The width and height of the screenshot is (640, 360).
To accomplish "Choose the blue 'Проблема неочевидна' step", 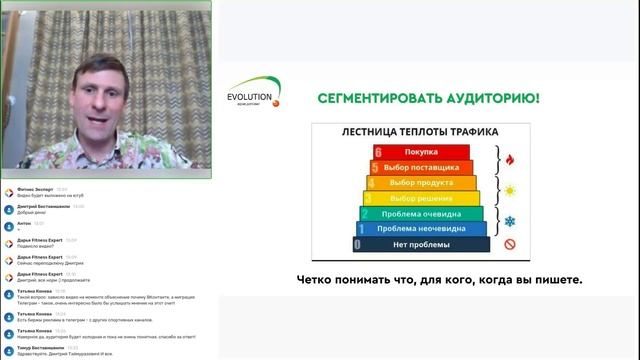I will [x=421, y=228].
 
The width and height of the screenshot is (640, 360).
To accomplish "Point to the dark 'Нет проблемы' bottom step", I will [x=420, y=244].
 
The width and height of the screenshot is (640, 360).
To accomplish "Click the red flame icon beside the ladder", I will [x=509, y=159].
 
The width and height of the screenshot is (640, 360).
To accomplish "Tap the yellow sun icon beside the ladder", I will [x=509, y=190].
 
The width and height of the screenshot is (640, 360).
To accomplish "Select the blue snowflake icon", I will [x=509, y=221].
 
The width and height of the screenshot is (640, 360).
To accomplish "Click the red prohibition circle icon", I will [x=509, y=244].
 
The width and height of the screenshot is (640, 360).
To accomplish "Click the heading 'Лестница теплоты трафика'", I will [x=419, y=130].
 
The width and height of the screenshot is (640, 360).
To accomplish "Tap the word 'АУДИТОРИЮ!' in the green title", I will [x=489, y=98].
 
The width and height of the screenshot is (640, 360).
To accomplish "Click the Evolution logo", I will [x=254, y=93].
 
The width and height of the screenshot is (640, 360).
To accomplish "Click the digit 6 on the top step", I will [x=377, y=151].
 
